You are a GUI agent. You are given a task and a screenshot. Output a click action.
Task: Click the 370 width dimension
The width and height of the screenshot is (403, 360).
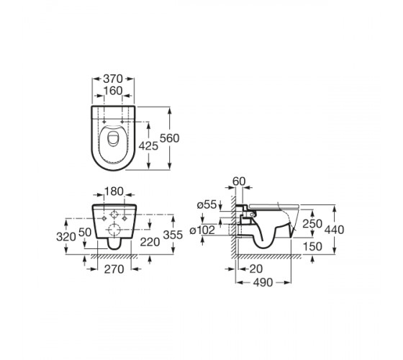pyautogui.click(x=113, y=79)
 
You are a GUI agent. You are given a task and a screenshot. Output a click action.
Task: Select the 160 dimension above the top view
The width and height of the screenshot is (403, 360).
pyautogui.click(x=113, y=91)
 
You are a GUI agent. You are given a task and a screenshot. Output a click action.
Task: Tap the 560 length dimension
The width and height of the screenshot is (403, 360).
pyautogui.click(x=169, y=138)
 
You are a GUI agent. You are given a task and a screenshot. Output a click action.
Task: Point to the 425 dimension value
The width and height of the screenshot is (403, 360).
pyautogui.click(x=148, y=146)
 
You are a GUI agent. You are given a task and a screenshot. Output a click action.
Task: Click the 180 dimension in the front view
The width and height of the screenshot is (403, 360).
pyautogui.click(x=114, y=192)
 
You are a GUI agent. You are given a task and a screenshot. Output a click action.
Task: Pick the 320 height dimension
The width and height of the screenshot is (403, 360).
pyautogui.click(x=66, y=237)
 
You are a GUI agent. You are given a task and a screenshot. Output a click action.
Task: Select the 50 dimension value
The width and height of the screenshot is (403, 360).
pyautogui.click(x=85, y=233)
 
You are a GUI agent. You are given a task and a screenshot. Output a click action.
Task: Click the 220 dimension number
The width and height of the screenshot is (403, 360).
pyautogui.click(x=150, y=242)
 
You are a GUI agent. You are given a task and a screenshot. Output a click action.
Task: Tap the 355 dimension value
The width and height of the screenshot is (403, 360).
pyautogui.click(x=173, y=235)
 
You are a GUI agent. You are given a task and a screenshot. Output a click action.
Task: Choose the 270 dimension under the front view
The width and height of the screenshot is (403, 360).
pyautogui.click(x=114, y=269)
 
